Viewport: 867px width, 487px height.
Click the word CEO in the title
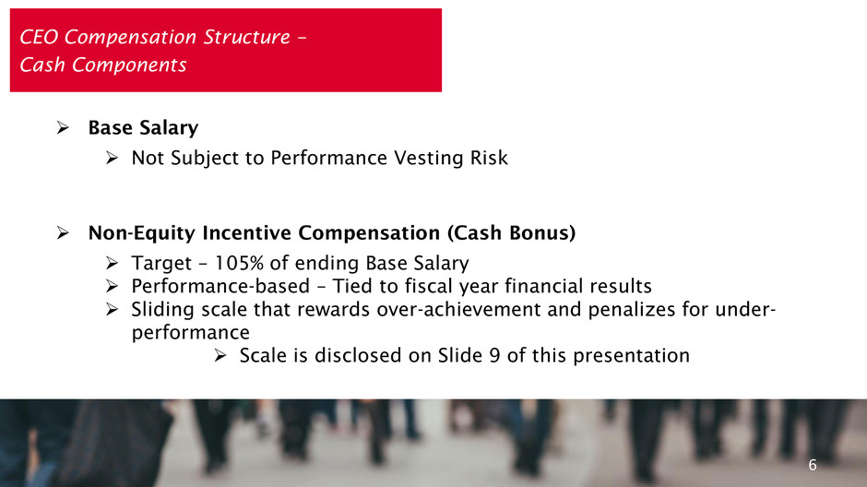point(39,37)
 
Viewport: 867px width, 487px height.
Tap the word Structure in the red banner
point(246,37)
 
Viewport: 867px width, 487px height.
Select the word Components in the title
point(129,65)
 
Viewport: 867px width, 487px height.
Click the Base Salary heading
point(143,127)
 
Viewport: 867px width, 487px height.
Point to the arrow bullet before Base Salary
point(63,127)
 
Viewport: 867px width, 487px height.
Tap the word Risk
point(489,158)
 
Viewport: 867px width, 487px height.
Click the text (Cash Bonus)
point(512,232)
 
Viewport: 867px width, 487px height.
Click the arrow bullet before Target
point(113,263)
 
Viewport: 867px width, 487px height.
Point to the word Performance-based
point(220,286)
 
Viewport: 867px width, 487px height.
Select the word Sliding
point(162,310)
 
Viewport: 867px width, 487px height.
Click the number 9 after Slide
point(495,355)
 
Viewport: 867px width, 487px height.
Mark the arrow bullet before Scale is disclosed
point(220,355)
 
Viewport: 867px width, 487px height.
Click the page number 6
point(813,465)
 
